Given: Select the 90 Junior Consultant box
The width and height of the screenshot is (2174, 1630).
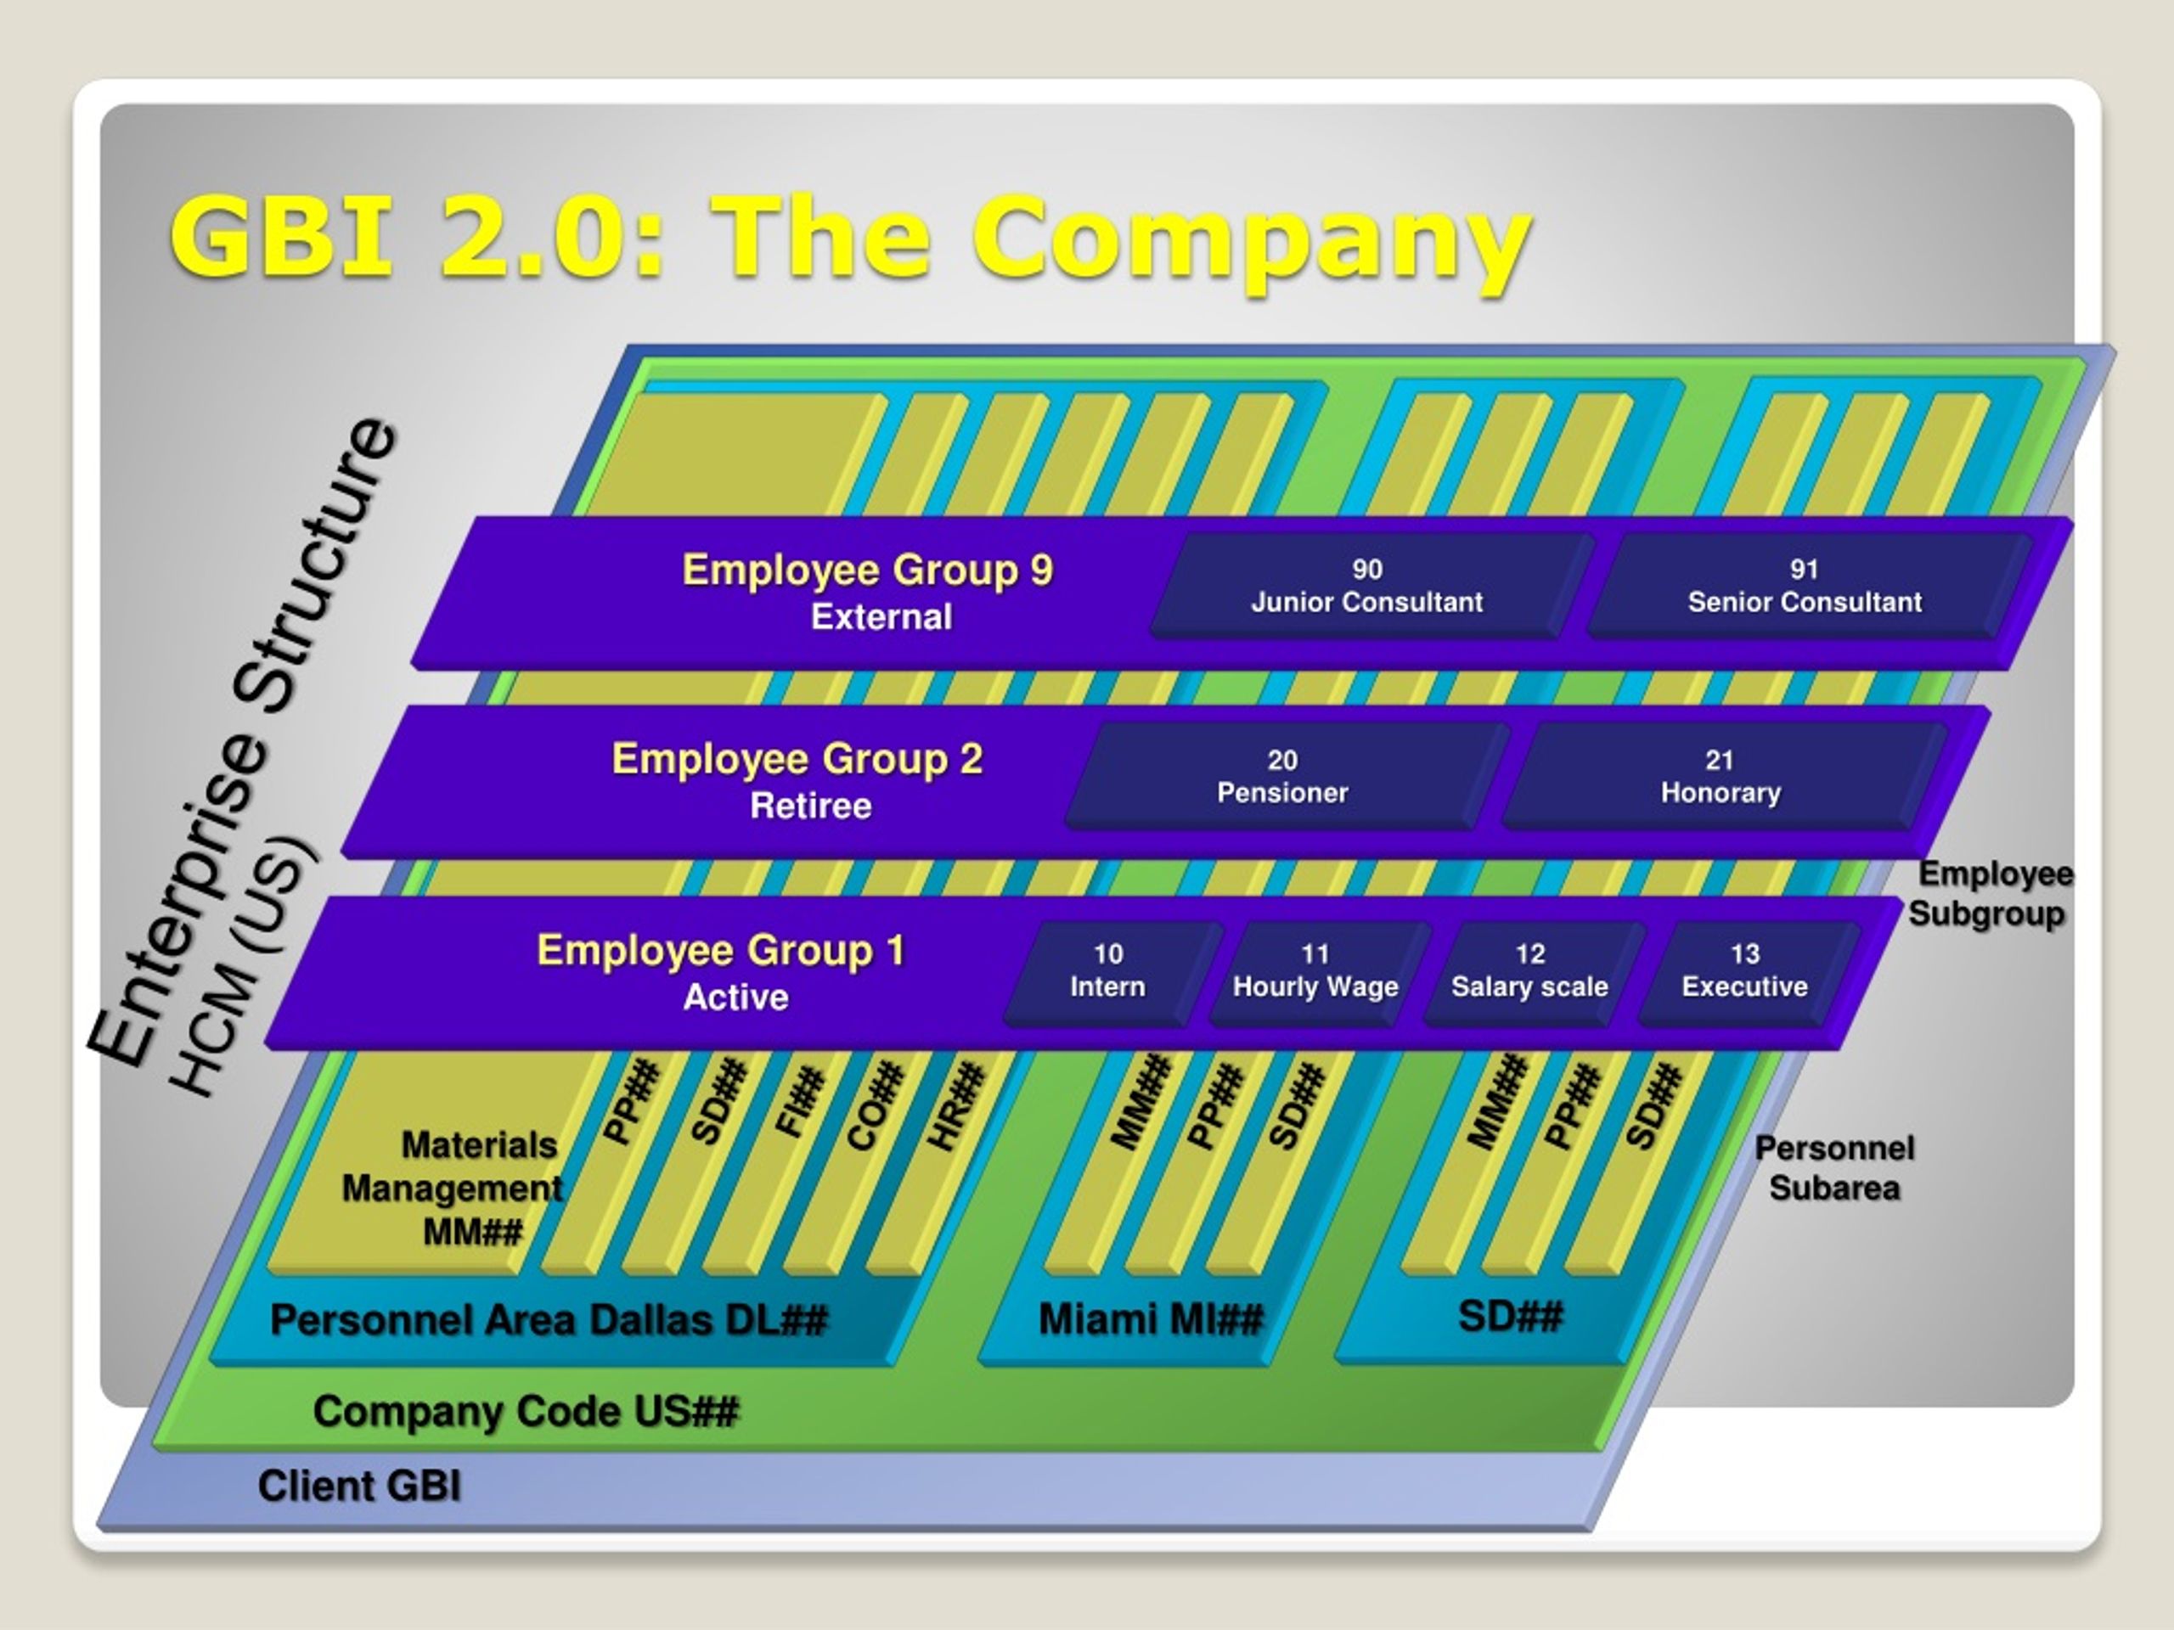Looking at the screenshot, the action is point(1369,587).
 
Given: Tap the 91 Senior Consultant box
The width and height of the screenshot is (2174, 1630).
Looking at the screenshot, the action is point(1806,587).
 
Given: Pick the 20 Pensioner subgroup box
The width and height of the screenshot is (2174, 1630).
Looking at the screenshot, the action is point(1285,777).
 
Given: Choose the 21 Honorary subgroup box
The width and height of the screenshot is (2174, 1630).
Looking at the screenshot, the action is point(1722,777).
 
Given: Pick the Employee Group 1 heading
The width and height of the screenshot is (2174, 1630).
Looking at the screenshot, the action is point(720,950).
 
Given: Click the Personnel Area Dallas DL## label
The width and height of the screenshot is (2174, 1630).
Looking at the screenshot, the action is point(549,1319).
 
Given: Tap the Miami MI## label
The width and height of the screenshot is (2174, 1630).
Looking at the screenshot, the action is point(1151,1319).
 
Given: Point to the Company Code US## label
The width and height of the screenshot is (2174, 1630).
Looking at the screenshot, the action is point(526,1412).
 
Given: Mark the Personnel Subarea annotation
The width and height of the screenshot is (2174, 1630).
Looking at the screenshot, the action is point(1835,1168).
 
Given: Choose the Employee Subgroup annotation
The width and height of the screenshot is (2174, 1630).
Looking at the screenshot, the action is point(1991,893).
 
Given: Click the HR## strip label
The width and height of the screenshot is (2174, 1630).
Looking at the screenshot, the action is point(956,1105).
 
